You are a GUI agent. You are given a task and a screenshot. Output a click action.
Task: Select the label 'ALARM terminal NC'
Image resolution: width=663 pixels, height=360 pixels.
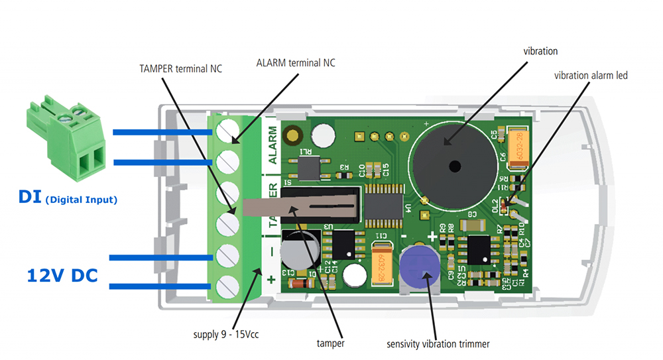[296, 63]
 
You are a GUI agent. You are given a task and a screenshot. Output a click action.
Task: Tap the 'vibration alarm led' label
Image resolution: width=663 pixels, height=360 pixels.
[591, 76]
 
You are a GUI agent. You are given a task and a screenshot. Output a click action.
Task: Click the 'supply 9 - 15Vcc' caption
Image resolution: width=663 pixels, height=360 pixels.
[222, 335]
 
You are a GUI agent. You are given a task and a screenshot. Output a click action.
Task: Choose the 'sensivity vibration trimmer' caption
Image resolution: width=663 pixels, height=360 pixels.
[438, 344]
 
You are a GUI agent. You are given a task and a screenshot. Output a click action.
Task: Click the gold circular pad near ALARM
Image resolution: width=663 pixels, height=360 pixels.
[290, 136]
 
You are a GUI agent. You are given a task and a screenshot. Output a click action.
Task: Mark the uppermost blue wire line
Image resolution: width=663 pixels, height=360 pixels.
[162, 132]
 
